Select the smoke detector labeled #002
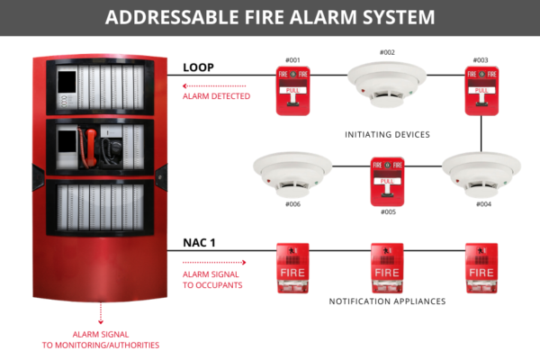click(388, 82)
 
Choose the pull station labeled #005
click(388, 179)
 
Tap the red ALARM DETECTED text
click(216, 95)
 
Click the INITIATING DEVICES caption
click(387, 134)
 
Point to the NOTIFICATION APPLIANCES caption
click(387, 301)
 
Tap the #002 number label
click(388, 52)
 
